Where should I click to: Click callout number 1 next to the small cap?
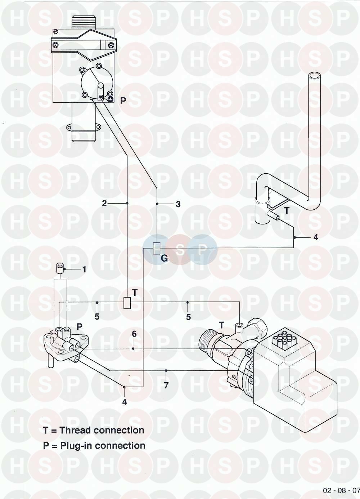click(x=84, y=269)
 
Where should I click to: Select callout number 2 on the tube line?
click(x=104, y=204)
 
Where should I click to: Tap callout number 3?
click(x=178, y=204)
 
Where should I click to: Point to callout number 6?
click(x=134, y=334)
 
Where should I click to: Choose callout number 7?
click(x=166, y=386)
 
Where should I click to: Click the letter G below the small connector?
click(x=164, y=258)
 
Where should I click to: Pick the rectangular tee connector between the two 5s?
click(x=127, y=303)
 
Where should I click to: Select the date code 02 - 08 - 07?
click(x=341, y=490)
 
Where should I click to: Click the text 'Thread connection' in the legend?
click(x=102, y=430)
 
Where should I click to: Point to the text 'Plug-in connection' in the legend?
click(x=103, y=446)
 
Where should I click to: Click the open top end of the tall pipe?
click(x=315, y=75)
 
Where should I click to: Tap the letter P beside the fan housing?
click(x=123, y=101)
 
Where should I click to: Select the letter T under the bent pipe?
click(x=287, y=211)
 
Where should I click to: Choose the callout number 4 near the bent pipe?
click(x=316, y=237)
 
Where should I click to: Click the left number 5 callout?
click(x=97, y=317)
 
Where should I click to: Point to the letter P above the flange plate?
click(x=80, y=327)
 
